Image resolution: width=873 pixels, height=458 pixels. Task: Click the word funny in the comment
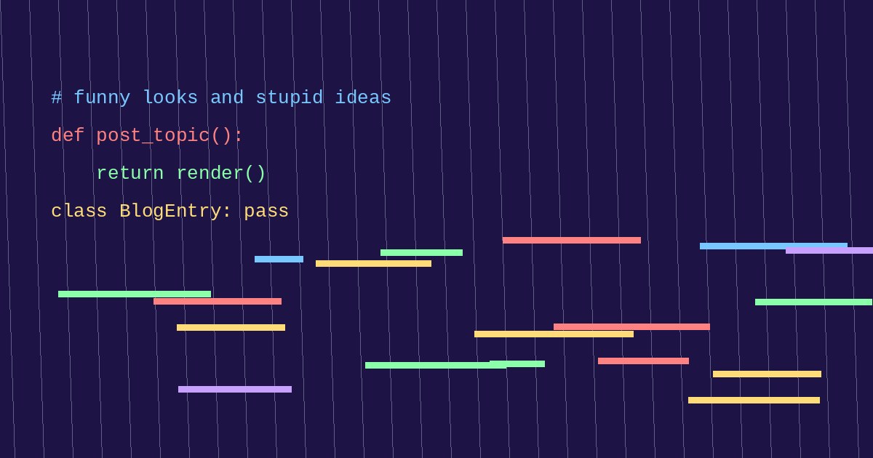(x=102, y=97)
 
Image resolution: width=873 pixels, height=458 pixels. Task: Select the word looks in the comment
(x=170, y=97)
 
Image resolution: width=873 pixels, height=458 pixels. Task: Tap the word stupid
(x=290, y=97)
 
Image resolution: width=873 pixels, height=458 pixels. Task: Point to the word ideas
(x=363, y=97)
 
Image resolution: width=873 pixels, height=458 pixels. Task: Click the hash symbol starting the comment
(x=57, y=97)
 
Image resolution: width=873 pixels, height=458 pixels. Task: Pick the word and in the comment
(x=227, y=97)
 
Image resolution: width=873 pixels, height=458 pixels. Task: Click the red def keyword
(x=68, y=135)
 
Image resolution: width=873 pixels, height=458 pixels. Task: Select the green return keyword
(x=130, y=173)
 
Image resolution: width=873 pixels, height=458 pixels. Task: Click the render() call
(x=221, y=173)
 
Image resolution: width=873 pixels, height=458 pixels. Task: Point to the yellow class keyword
(x=79, y=211)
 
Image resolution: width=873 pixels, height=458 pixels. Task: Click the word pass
(x=266, y=212)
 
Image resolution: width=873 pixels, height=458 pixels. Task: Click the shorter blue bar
(x=279, y=260)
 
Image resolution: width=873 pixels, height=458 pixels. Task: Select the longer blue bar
(x=773, y=246)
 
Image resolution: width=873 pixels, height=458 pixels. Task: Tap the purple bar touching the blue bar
(x=829, y=251)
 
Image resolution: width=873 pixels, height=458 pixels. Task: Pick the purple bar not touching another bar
(x=235, y=390)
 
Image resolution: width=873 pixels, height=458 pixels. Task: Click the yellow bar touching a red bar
(x=554, y=334)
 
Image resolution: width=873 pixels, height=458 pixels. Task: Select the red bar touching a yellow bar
(x=631, y=326)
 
